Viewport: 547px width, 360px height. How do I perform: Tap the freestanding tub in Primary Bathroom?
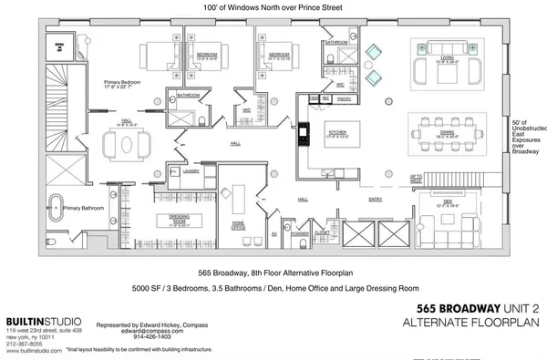(57, 206)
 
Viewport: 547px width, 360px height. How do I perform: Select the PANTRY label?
(341, 98)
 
